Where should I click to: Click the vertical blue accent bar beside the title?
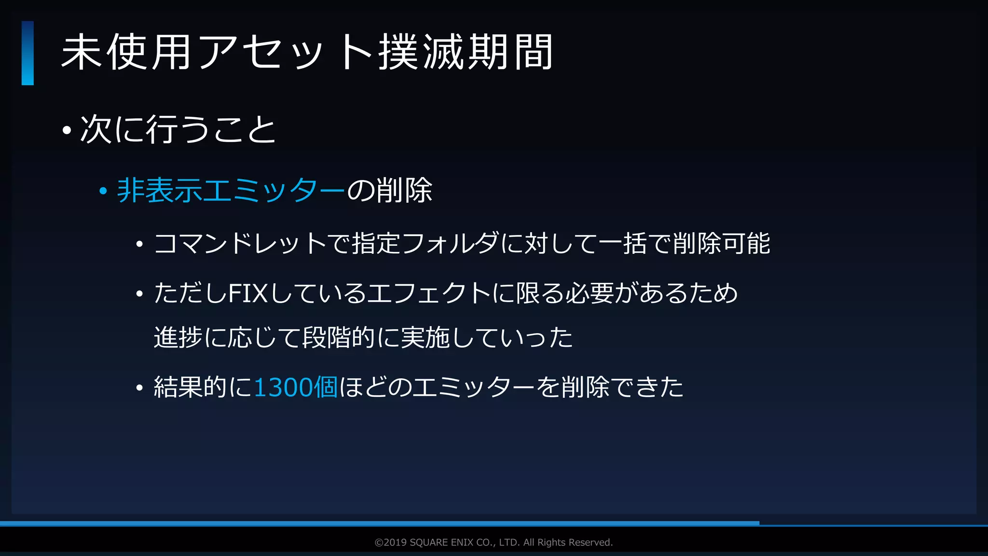coord(27,53)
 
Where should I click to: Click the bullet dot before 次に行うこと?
coord(67,130)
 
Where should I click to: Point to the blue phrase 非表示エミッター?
coord(231,190)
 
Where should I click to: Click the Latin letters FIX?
coord(247,293)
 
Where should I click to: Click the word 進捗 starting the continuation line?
coord(178,337)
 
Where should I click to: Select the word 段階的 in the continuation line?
coord(339,337)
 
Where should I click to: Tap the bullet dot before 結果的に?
coord(139,388)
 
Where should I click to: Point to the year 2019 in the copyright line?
coord(395,542)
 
